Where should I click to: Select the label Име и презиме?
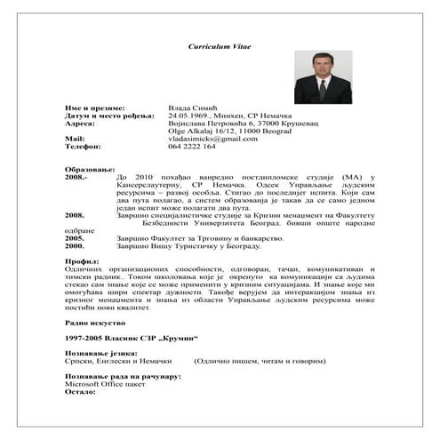pyautogui.click(x=95, y=107)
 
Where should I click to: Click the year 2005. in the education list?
pyautogui.click(x=75, y=238)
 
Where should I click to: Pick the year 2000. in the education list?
pyautogui.click(x=75, y=246)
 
